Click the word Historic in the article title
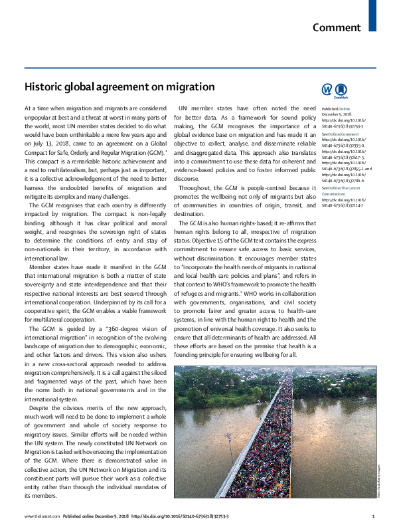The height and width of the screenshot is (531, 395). tap(44, 86)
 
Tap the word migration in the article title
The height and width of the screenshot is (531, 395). tap(193, 86)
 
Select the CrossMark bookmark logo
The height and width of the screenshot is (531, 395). tap(342, 90)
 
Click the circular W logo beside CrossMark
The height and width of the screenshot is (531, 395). tap(327, 90)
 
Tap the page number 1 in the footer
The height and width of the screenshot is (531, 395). tap(374, 516)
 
